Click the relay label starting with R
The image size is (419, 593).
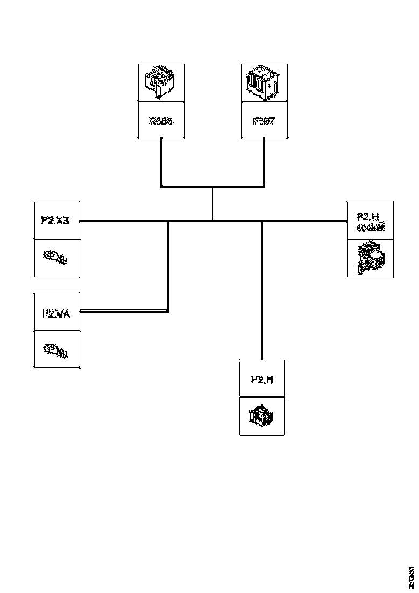click(161, 121)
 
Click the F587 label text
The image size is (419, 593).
click(263, 121)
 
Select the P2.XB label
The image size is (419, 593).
click(57, 220)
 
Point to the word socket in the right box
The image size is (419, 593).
click(370, 227)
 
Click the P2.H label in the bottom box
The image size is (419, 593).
click(262, 380)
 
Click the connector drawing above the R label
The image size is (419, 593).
click(160, 82)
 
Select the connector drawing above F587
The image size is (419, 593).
click(263, 82)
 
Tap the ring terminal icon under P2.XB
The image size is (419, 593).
click(56, 258)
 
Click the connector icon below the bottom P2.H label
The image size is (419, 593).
click(261, 416)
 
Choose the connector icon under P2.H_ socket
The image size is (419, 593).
click(371, 258)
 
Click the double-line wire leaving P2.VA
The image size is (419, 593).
click(124, 311)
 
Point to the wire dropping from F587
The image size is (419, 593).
click(264, 162)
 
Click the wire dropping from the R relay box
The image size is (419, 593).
click(161, 162)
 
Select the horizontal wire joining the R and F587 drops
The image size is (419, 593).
click(213, 187)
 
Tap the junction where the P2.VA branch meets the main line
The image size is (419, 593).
click(168, 220)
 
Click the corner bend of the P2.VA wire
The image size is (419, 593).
click(167, 311)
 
